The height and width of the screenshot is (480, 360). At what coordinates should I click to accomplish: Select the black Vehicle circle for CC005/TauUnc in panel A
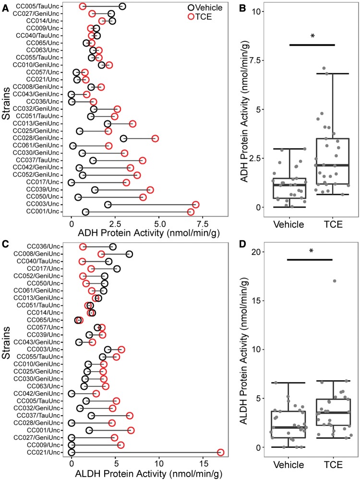(122, 6)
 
